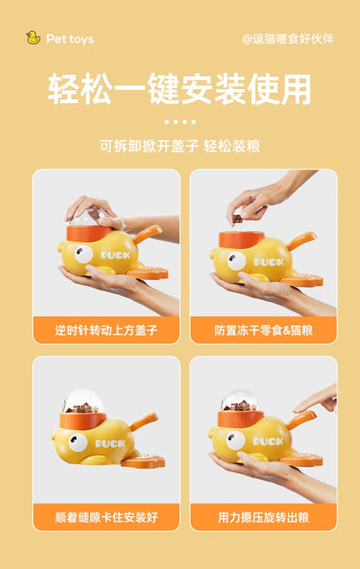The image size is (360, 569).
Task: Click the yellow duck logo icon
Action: pos(33,38)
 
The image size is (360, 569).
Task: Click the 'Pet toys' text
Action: pos(70,39)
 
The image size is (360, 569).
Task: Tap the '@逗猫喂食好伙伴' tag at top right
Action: pos(288,39)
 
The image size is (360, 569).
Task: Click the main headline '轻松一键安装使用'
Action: pos(179,89)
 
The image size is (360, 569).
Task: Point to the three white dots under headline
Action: pos(179,122)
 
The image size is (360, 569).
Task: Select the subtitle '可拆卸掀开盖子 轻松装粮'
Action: pos(179,145)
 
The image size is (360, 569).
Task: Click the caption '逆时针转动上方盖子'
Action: pos(106,329)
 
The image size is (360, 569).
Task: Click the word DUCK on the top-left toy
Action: pos(114,256)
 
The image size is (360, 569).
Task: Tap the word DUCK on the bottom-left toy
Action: pos(109,443)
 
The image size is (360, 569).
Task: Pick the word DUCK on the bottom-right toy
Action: pos(267,442)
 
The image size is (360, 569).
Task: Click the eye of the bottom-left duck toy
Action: pos(79,444)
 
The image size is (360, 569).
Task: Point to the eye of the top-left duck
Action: pos(84,254)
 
